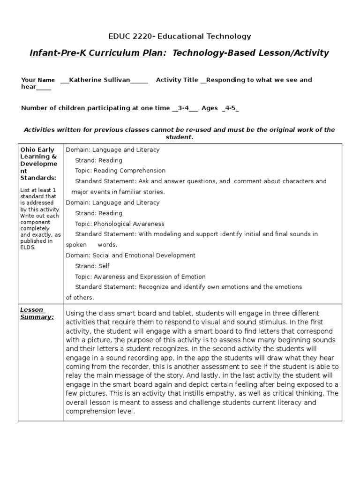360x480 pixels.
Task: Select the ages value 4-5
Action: [x=230, y=108]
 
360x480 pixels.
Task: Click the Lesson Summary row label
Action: [x=37, y=313]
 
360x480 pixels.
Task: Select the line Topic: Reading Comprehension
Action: [x=120, y=171]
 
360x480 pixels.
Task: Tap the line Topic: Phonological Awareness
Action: [x=120, y=224]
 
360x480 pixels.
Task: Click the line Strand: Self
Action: [x=92, y=266]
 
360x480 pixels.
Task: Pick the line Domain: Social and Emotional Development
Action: [x=130, y=255]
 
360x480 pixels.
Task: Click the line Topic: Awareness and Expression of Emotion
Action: [x=140, y=277]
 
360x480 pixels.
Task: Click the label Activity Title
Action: [x=177, y=80]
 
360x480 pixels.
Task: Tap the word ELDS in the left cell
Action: [x=28, y=247]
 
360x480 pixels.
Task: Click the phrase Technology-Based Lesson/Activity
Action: [x=251, y=53]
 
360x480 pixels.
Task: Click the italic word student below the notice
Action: [x=179, y=137]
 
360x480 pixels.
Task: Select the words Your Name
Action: [x=38, y=80]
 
